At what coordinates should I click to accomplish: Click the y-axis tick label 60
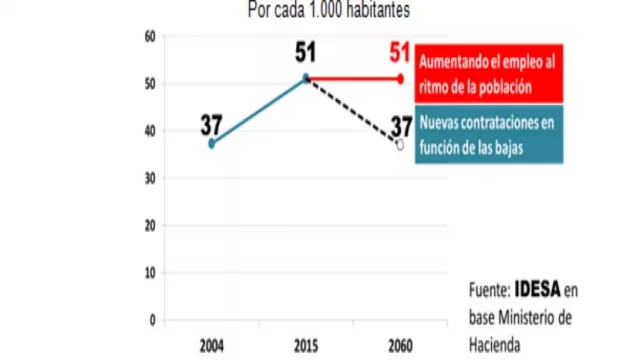[150, 36]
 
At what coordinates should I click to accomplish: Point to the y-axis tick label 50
[150, 83]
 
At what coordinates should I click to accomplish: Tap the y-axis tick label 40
[150, 131]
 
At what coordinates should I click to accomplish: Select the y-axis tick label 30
[150, 178]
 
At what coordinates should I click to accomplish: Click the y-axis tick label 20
[150, 225]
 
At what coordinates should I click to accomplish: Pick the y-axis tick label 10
[150, 272]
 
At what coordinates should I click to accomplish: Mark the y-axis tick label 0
[152, 320]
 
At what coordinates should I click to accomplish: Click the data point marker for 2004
[211, 144]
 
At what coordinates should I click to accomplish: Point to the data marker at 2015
[305, 78]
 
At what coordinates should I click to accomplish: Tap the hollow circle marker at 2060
[399, 145]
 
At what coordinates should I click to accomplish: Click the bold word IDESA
[538, 291]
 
